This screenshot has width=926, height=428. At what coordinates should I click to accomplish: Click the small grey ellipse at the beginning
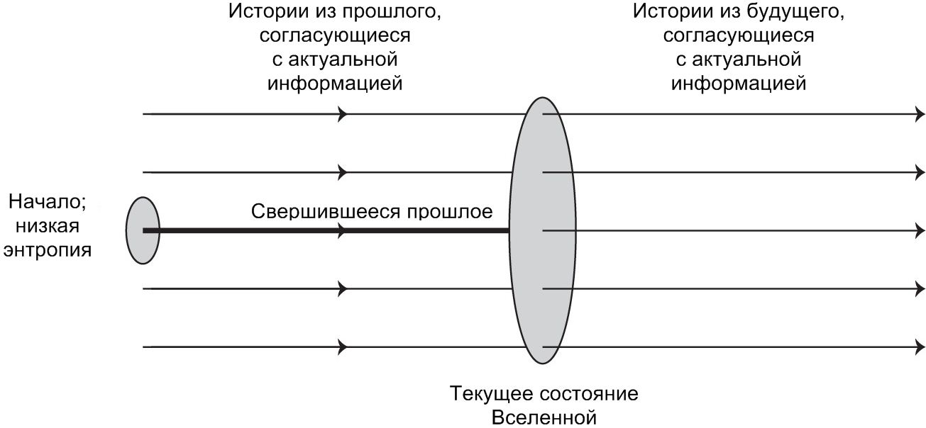click(143, 230)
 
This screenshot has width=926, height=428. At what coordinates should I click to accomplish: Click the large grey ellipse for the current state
click(543, 230)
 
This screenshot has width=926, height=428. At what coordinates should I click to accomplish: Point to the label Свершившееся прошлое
click(372, 212)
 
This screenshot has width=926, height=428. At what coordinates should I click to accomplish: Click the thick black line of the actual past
click(319, 230)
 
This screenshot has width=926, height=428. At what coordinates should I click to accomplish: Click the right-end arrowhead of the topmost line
click(920, 113)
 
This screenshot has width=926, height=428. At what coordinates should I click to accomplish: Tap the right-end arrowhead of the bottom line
click(920, 347)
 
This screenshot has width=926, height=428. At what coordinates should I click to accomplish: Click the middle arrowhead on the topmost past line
click(343, 113)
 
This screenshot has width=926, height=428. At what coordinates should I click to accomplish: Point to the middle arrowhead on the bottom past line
click(343, 347)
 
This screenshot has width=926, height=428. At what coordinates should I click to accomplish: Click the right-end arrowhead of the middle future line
click(920, 230)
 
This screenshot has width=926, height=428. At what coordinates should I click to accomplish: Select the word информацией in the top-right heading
click(739, 83)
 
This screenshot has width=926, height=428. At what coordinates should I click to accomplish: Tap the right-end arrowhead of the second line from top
click(920, 171)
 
